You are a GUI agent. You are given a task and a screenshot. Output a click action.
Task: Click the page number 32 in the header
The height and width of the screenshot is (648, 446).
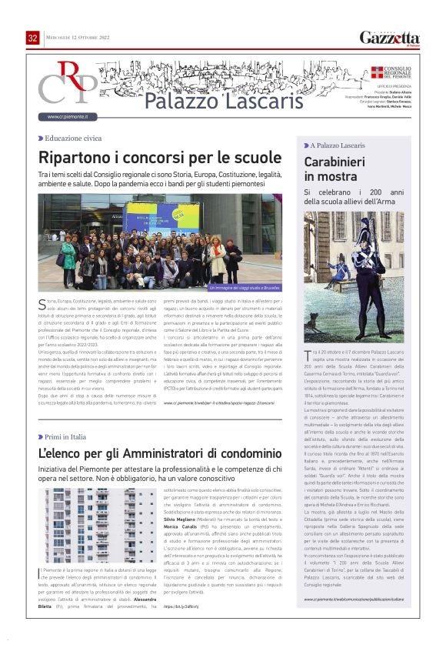[33, 38]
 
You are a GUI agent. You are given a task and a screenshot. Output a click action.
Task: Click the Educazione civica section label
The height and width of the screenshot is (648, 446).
[72, 139]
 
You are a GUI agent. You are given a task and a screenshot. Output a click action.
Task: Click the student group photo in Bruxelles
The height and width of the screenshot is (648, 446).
[160, 240]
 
